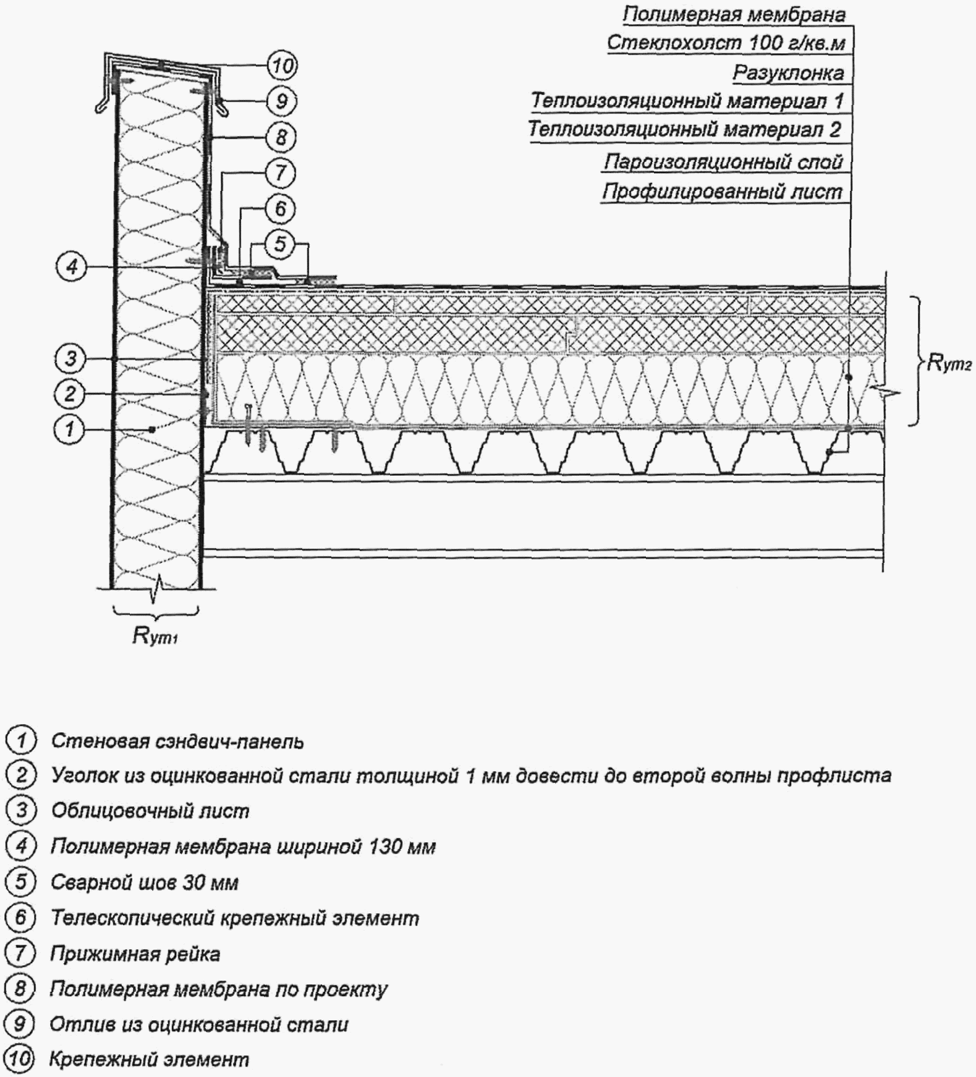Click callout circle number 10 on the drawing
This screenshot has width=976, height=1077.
282,65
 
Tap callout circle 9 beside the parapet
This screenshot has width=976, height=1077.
281,101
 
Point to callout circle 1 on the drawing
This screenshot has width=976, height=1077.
70,428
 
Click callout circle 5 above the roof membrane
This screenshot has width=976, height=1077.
281,244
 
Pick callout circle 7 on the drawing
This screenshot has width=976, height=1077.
281,172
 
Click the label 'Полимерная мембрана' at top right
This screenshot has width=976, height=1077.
734,14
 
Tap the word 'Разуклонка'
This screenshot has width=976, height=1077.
788,72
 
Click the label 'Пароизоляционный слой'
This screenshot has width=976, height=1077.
723,162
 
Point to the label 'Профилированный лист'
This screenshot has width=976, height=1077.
722,192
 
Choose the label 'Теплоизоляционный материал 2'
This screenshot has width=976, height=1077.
685,129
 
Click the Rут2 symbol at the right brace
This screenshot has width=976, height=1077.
949,363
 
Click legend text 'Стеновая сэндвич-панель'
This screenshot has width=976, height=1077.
177,741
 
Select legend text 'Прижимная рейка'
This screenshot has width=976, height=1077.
135,954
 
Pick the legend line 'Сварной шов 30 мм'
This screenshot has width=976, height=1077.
145,882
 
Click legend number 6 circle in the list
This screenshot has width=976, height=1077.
20,918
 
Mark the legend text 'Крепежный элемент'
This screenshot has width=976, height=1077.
149,1060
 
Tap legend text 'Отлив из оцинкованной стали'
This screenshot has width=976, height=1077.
199,1024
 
